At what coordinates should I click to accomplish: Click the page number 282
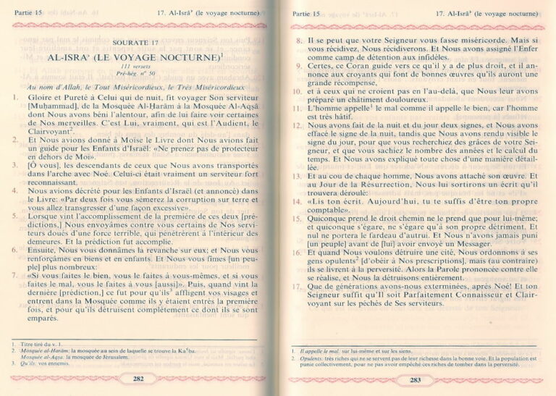coord(138,378)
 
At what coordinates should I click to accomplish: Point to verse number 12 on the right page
coord(297,125)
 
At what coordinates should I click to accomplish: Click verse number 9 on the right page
coord(298,64)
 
